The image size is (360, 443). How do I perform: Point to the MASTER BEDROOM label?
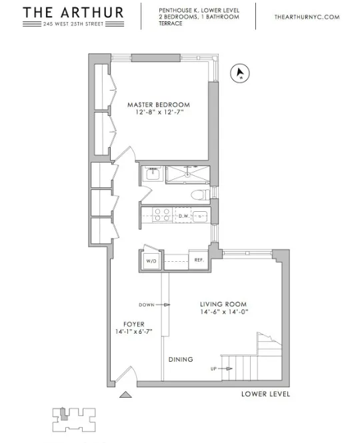click(159, 105)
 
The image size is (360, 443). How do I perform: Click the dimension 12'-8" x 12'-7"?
click(159, 114)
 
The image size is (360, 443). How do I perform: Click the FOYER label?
click(134, 324)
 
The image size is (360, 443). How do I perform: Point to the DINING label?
click(181, 360)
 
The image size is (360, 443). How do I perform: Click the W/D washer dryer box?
click(151, 261)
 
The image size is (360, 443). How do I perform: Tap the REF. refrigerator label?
click(199, 260)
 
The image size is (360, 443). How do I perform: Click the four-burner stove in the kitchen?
click(161, 216)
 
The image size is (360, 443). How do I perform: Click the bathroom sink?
click(151, 175)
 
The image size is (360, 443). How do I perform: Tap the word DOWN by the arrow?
click(147, 305)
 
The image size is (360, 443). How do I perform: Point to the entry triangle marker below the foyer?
click(123, 394)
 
